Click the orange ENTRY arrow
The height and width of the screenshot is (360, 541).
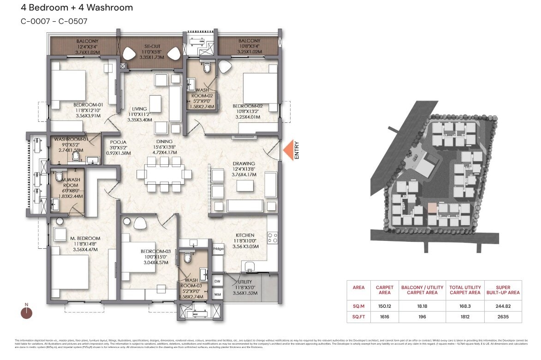click(x=289, y=151)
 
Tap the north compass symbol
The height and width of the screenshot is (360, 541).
click(x=27, y=312)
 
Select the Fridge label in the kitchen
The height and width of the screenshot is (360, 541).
click(x=218, y=249)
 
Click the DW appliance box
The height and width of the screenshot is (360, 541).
click(x=216, y=281)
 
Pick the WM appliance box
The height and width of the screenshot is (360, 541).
click(x=216, y=293)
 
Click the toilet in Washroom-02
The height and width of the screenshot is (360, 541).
click(x=208, y=69)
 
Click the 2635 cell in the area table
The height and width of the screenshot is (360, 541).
click(x=503, y=317)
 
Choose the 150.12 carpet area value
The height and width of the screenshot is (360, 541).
click(x=384, y=306)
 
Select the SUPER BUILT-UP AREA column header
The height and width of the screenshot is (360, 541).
click(x=503, y=290)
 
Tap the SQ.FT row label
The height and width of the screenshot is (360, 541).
click(x=358, y=317)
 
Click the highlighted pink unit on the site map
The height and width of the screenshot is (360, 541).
click(x=432, y=208)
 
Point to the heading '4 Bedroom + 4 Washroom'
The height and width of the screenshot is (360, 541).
click(x=77, y=8)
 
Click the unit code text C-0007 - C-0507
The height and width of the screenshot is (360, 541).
click(x=54, y=21)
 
